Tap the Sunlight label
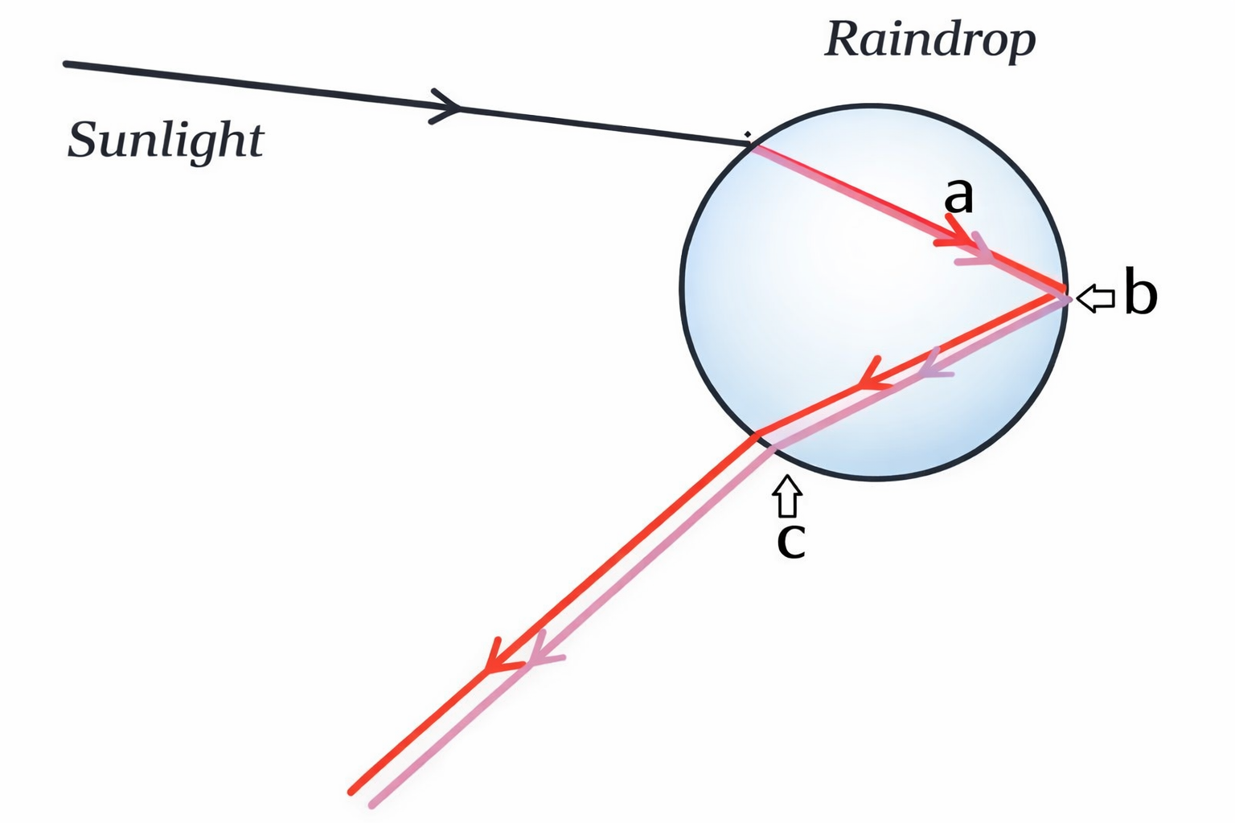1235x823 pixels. coord(165,140)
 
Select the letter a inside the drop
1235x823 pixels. coord(958,195)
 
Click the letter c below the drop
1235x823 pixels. coord(790,540)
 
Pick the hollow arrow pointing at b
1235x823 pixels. coord(1095,298)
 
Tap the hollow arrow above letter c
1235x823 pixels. coord(787,495)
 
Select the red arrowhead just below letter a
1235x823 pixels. coord(955,235)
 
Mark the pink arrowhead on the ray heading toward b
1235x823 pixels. coord(978,251)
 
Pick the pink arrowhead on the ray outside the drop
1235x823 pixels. coord(539,653)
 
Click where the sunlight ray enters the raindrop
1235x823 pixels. coord(751,145)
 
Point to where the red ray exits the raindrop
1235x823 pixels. coord(756,436)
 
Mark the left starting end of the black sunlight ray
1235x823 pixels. coord(66,63)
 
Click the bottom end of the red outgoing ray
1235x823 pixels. coord(351,792)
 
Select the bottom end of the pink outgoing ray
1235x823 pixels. coord(371,805)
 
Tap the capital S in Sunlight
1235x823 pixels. coord(83,140)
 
